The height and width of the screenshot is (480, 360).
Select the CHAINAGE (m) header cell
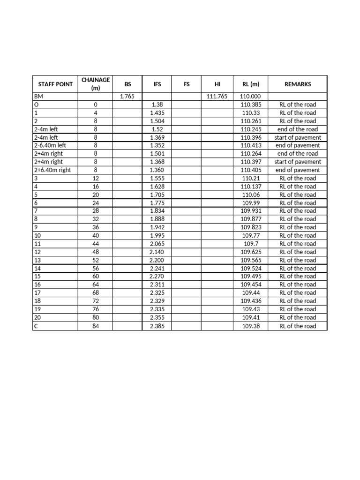[x=96, y=84]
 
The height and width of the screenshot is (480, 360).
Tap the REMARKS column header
[x=297, y=84]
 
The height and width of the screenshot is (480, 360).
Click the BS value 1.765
[x=127, y=97]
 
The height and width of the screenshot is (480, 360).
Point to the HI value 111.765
[x=217, y=97]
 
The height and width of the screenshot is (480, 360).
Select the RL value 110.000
[x=250, y=97]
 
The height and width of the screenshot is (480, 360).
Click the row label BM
[x=38, y=97]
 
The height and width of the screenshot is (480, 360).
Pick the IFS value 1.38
[x=157, y=105]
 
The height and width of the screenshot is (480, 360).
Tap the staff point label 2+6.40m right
[x=52, y=170]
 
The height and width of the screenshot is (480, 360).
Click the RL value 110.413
[x=250, y=145]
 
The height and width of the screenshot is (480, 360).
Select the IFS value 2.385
[x=157, y=326]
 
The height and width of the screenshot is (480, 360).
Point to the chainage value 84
[x=96, y=326]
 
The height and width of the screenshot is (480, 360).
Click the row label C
[x=37, y=326]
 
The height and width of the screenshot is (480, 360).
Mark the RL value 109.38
[x=250, y=326]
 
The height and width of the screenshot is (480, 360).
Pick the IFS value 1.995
[x=157, y=235]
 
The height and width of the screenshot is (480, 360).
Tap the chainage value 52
[x=96, y=260]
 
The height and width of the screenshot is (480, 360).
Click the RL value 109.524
[x=250, y=269]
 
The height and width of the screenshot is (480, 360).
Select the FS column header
[x=187, y=84]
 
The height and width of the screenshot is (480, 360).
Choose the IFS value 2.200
[x=157, y=260]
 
